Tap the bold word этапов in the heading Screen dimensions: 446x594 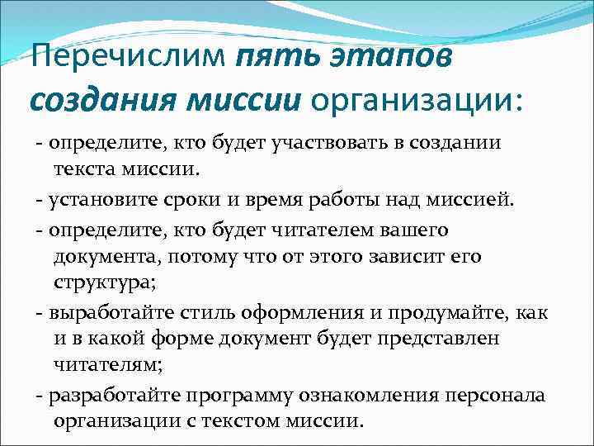coord(398,60)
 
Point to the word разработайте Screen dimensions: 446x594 coord(117,395)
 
